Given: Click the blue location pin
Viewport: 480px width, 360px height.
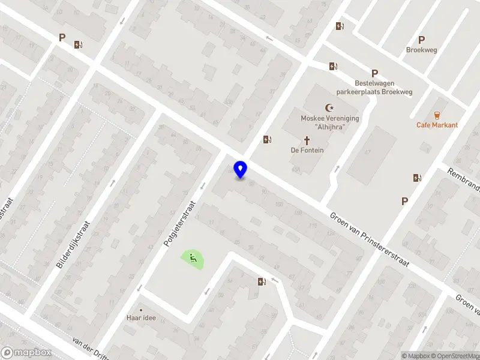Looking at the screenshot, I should coord(241,169).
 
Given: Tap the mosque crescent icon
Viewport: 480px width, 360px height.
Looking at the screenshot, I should coord(329,108).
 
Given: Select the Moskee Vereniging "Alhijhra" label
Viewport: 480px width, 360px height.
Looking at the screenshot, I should coord(329,122).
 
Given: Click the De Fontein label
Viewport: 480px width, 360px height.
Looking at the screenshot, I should coord(307,150).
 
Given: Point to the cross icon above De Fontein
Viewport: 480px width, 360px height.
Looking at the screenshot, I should coord(307,140).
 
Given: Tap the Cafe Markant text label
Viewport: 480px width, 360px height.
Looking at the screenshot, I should coord(437,125).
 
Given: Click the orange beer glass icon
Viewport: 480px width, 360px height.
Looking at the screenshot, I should coord(437,115).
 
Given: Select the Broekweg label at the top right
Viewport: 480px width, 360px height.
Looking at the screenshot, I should coord(421,50).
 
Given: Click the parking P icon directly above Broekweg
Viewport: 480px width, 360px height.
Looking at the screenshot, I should coord(421,40).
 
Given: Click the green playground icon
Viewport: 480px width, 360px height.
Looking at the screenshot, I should coord(193,259).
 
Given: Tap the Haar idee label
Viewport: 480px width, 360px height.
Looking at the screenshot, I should coord(141,317).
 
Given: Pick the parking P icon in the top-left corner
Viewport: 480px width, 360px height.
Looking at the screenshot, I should coord(62,37).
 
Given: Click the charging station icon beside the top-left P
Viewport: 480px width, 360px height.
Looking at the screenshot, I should coord(77,44).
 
